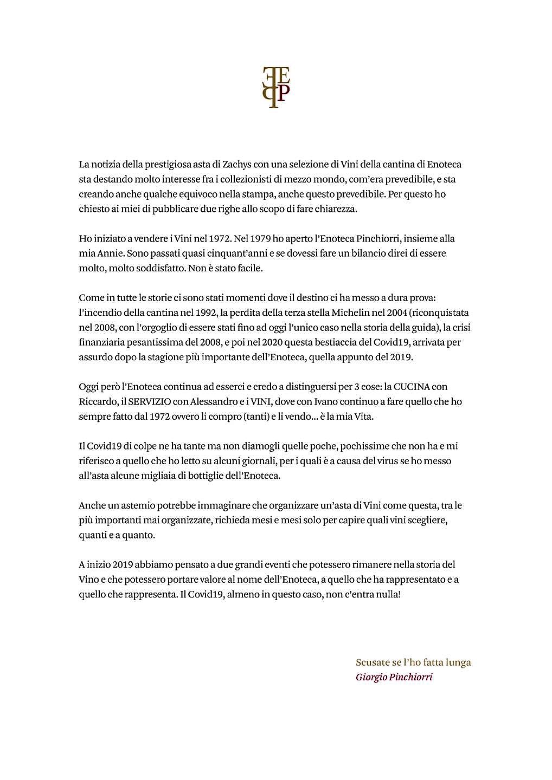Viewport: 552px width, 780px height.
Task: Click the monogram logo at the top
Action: [x=276, y=87]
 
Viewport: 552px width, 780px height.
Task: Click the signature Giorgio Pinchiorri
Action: [x=394, y=677]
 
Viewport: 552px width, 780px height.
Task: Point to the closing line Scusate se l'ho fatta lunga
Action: [x=413, y=662]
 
